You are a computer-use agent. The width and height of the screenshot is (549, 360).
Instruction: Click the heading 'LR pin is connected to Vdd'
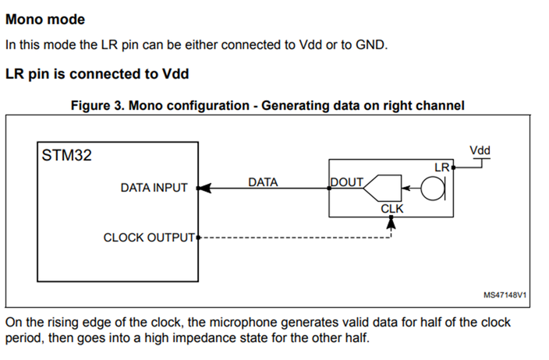(x=97, y=75)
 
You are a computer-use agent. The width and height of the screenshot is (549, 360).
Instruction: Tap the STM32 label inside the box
(x=66, y=155)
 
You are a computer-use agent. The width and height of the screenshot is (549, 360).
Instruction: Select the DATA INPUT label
(x=154, y=188)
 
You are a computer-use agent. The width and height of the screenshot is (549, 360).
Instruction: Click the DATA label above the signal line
(x=263, y=182)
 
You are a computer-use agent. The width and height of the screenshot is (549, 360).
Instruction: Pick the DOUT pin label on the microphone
(x=347, y=182)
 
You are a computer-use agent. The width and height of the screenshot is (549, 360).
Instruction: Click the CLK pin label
(x=391, y=209)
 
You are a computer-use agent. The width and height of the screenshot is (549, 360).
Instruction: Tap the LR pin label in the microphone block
(x=441, y=167)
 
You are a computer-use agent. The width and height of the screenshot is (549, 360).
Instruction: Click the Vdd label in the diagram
(x=481, y=150)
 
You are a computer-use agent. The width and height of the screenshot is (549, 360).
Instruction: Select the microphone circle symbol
(x=432, y=189)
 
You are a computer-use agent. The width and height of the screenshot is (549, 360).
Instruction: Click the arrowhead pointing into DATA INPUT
(x=204, y=188)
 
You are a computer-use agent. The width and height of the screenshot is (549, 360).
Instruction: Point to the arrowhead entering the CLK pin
(x=391, y=222)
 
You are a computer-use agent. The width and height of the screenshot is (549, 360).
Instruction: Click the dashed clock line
(x=296, y=238)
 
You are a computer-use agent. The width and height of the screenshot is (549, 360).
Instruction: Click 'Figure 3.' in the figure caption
(x=95, y=105)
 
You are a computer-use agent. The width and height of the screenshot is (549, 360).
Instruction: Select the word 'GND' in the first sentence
(x=370, y=44)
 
